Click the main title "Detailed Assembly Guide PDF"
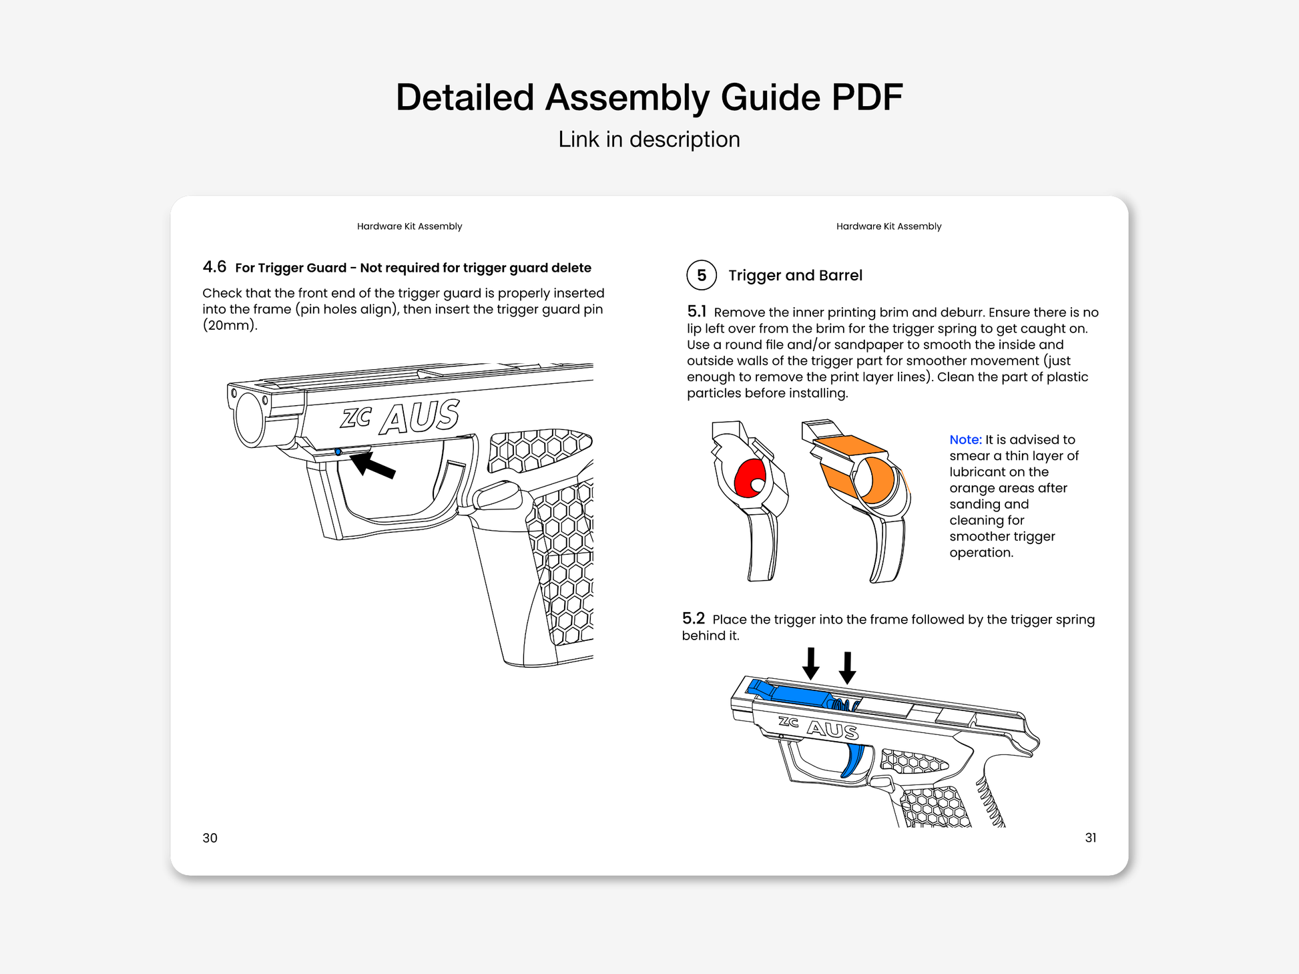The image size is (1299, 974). (649, 97)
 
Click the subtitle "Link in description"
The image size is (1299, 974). (649, 140)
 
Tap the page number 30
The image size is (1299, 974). (210, 838)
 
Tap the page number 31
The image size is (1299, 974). (1090, 838)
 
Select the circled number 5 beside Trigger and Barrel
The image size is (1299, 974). (702, 275)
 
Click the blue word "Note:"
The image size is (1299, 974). (965, 440)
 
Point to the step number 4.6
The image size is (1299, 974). (214, 267)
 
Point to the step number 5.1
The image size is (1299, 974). (696, 311)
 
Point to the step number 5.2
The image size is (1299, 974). (693, 618)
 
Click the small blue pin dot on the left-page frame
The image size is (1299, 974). (338, 452)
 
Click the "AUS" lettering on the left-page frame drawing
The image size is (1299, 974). (420, 417)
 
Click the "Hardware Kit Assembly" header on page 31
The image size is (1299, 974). (888, 226)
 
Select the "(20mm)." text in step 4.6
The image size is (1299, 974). (230, 326)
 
